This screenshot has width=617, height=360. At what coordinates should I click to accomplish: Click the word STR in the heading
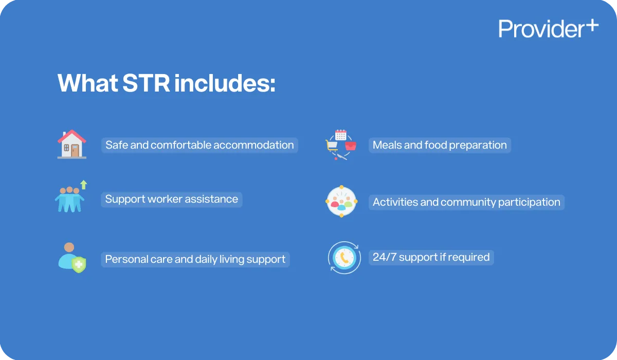pos(146,83)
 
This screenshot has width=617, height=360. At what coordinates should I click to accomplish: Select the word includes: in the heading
pos(225,83)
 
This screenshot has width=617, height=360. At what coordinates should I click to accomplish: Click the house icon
pos(72,145)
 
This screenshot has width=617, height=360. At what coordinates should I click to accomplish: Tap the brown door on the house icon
pos(76,150)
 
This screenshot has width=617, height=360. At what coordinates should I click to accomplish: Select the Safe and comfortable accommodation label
pos(199,145)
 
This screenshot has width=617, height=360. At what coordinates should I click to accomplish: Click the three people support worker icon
pos(69,200)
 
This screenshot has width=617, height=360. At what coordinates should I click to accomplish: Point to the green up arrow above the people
pos(84,185)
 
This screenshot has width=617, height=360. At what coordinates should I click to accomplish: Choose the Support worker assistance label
pos(172,199)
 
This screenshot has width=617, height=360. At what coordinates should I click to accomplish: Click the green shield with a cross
pos(79,265)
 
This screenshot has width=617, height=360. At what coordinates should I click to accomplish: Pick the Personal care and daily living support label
pos(195,259)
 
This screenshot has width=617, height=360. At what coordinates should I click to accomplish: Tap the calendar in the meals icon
pos(341,135)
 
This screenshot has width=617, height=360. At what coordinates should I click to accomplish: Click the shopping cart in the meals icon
pos(332,146)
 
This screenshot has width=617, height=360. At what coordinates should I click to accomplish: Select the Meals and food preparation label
pos(440,145)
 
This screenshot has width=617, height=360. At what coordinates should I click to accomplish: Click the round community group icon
pos(341,201)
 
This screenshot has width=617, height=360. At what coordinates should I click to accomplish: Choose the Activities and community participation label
pos(466,202)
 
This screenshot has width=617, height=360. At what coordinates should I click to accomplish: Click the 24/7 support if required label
pos(431,257)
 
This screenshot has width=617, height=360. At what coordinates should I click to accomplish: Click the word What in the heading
pos(86,83)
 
